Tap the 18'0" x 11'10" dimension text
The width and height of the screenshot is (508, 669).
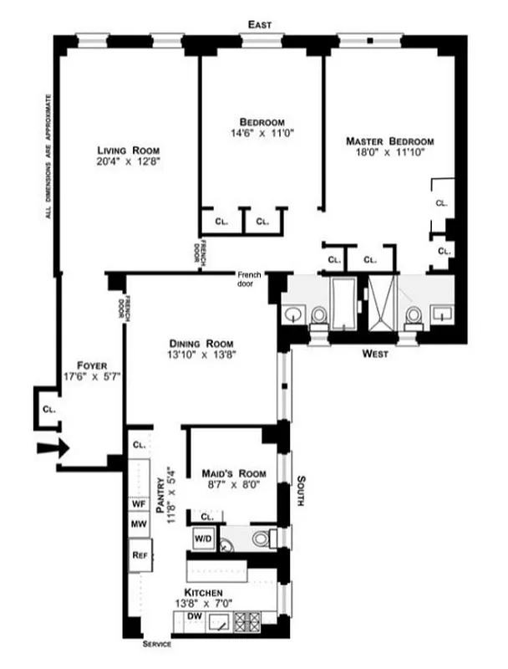[x=390, y=153]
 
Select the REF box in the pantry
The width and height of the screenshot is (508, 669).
[x=139, y=554]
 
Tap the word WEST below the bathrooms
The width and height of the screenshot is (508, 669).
[x=377, y=354]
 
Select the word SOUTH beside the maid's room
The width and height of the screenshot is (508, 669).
[x=301, y=493]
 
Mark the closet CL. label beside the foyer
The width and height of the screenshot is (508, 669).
[x=48, y=409]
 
